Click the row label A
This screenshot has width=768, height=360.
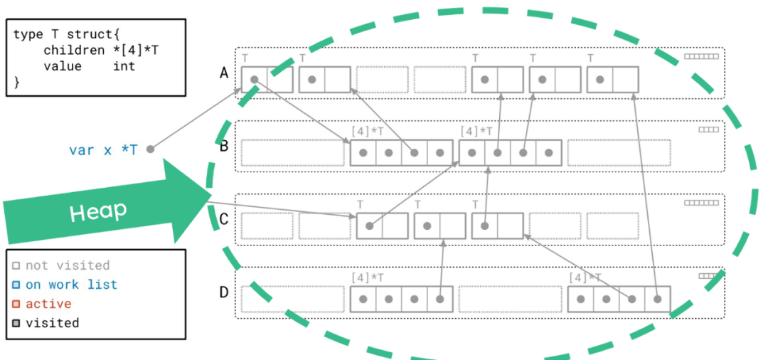click(x=224, y=73)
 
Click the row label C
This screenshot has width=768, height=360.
click(x=224, y=218)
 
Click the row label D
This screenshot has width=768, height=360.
click(x=224, y=292)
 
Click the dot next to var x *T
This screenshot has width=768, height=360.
click(x=150, y=149)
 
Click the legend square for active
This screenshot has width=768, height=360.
click(x=16, y=305)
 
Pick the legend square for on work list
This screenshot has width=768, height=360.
click(x=16, y=285)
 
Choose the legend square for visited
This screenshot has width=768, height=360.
click(x=16, y=324)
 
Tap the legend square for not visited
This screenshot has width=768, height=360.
click(x=16, y=266)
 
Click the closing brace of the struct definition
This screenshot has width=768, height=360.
click(x=16, y=82)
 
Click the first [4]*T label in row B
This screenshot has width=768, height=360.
click(x=368, y=132)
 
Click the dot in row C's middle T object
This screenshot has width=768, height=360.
click(x=427, y=226)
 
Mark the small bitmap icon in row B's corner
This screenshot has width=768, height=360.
click(x=708, y=129)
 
